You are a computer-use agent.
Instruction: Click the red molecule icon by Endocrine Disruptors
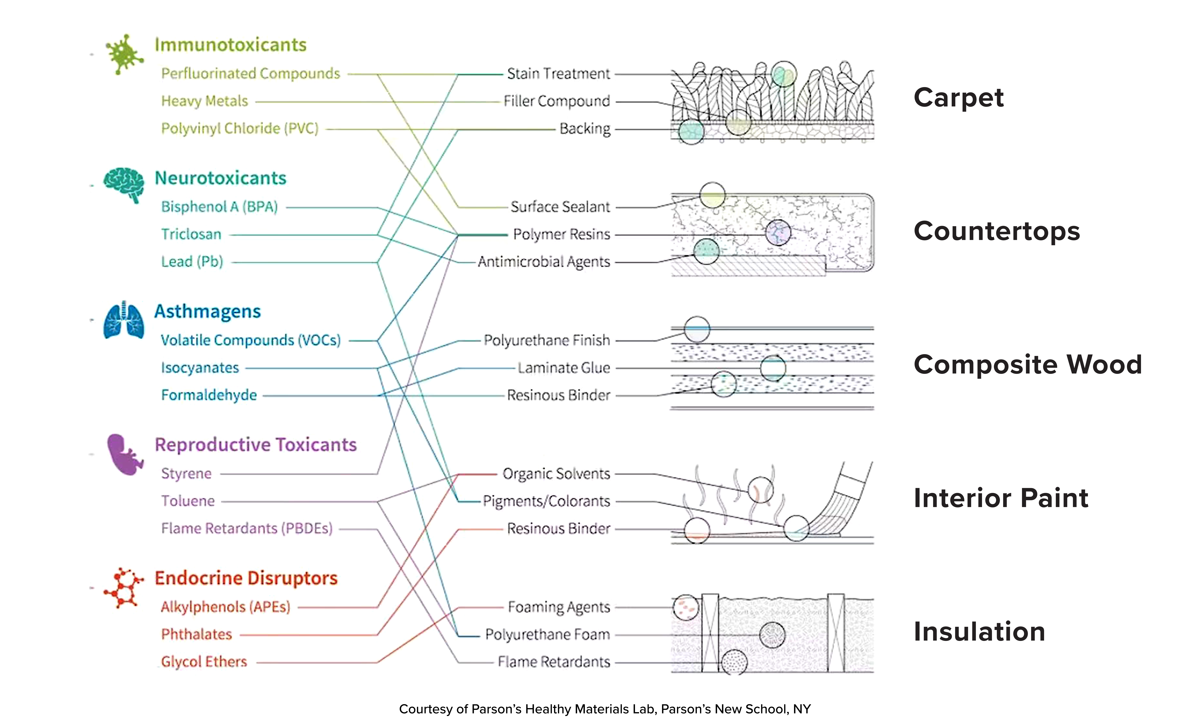point(124,588)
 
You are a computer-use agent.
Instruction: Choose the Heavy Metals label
point(205,101)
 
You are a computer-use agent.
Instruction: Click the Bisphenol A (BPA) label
point(220,207)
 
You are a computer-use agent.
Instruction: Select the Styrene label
point(187,473)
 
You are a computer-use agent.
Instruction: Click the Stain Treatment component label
point(558,74)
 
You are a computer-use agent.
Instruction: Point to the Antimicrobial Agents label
point(544,262)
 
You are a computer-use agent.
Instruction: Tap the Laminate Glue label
point(563,368)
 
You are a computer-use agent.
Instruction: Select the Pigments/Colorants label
point(546,501)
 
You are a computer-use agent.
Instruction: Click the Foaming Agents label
point(559,607)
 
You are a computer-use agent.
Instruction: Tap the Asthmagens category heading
point(207,311)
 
